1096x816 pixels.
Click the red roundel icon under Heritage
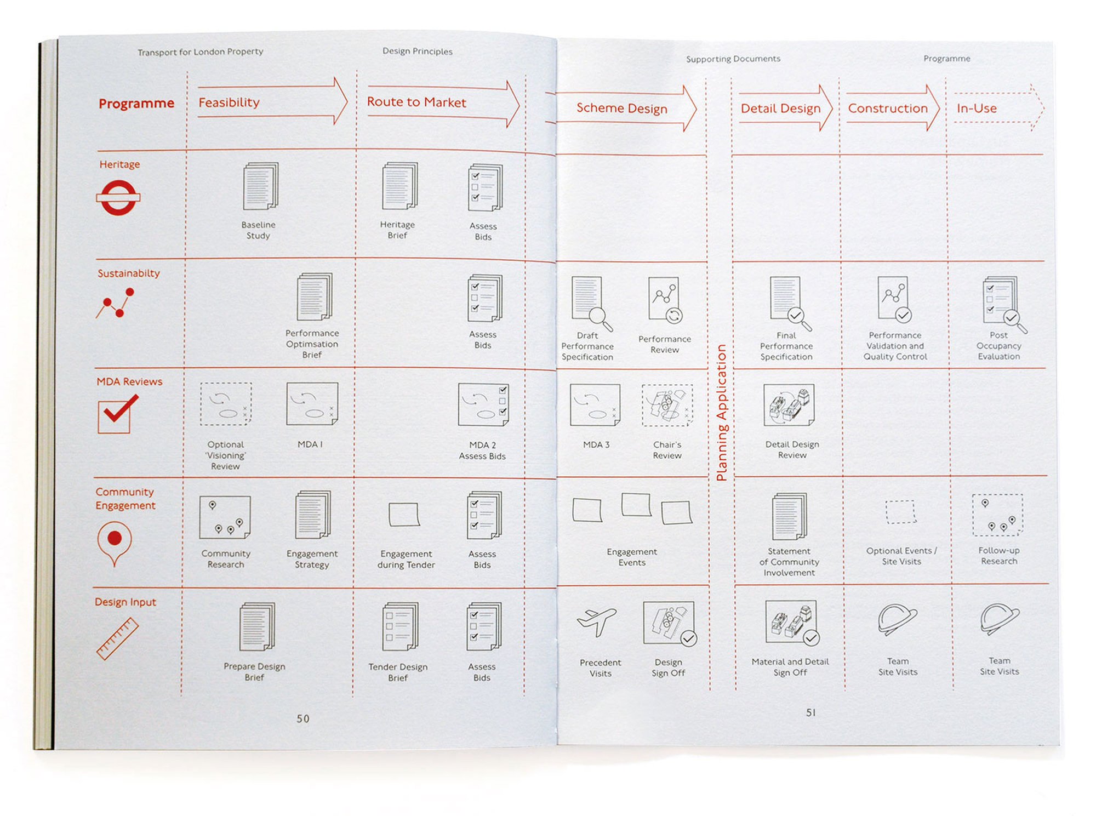(118, 197)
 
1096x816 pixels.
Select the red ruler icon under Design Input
(117, 638)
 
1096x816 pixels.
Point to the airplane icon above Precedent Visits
(597, 622)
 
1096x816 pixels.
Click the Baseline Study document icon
(260, 186)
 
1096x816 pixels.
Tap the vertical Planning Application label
(721, 413)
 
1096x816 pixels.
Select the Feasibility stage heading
(229, 102)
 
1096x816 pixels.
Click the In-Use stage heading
(977, 109)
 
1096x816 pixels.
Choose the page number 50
(303, 718)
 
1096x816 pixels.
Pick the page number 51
(811, 712)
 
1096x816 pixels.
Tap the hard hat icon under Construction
(897, 620)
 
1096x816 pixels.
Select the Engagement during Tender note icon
(404, 515)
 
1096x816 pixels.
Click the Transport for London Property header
(200, 52)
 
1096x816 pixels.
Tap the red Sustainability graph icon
(115, 304)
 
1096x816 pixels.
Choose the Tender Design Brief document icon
(400, 626)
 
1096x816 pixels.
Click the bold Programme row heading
(136, 103)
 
